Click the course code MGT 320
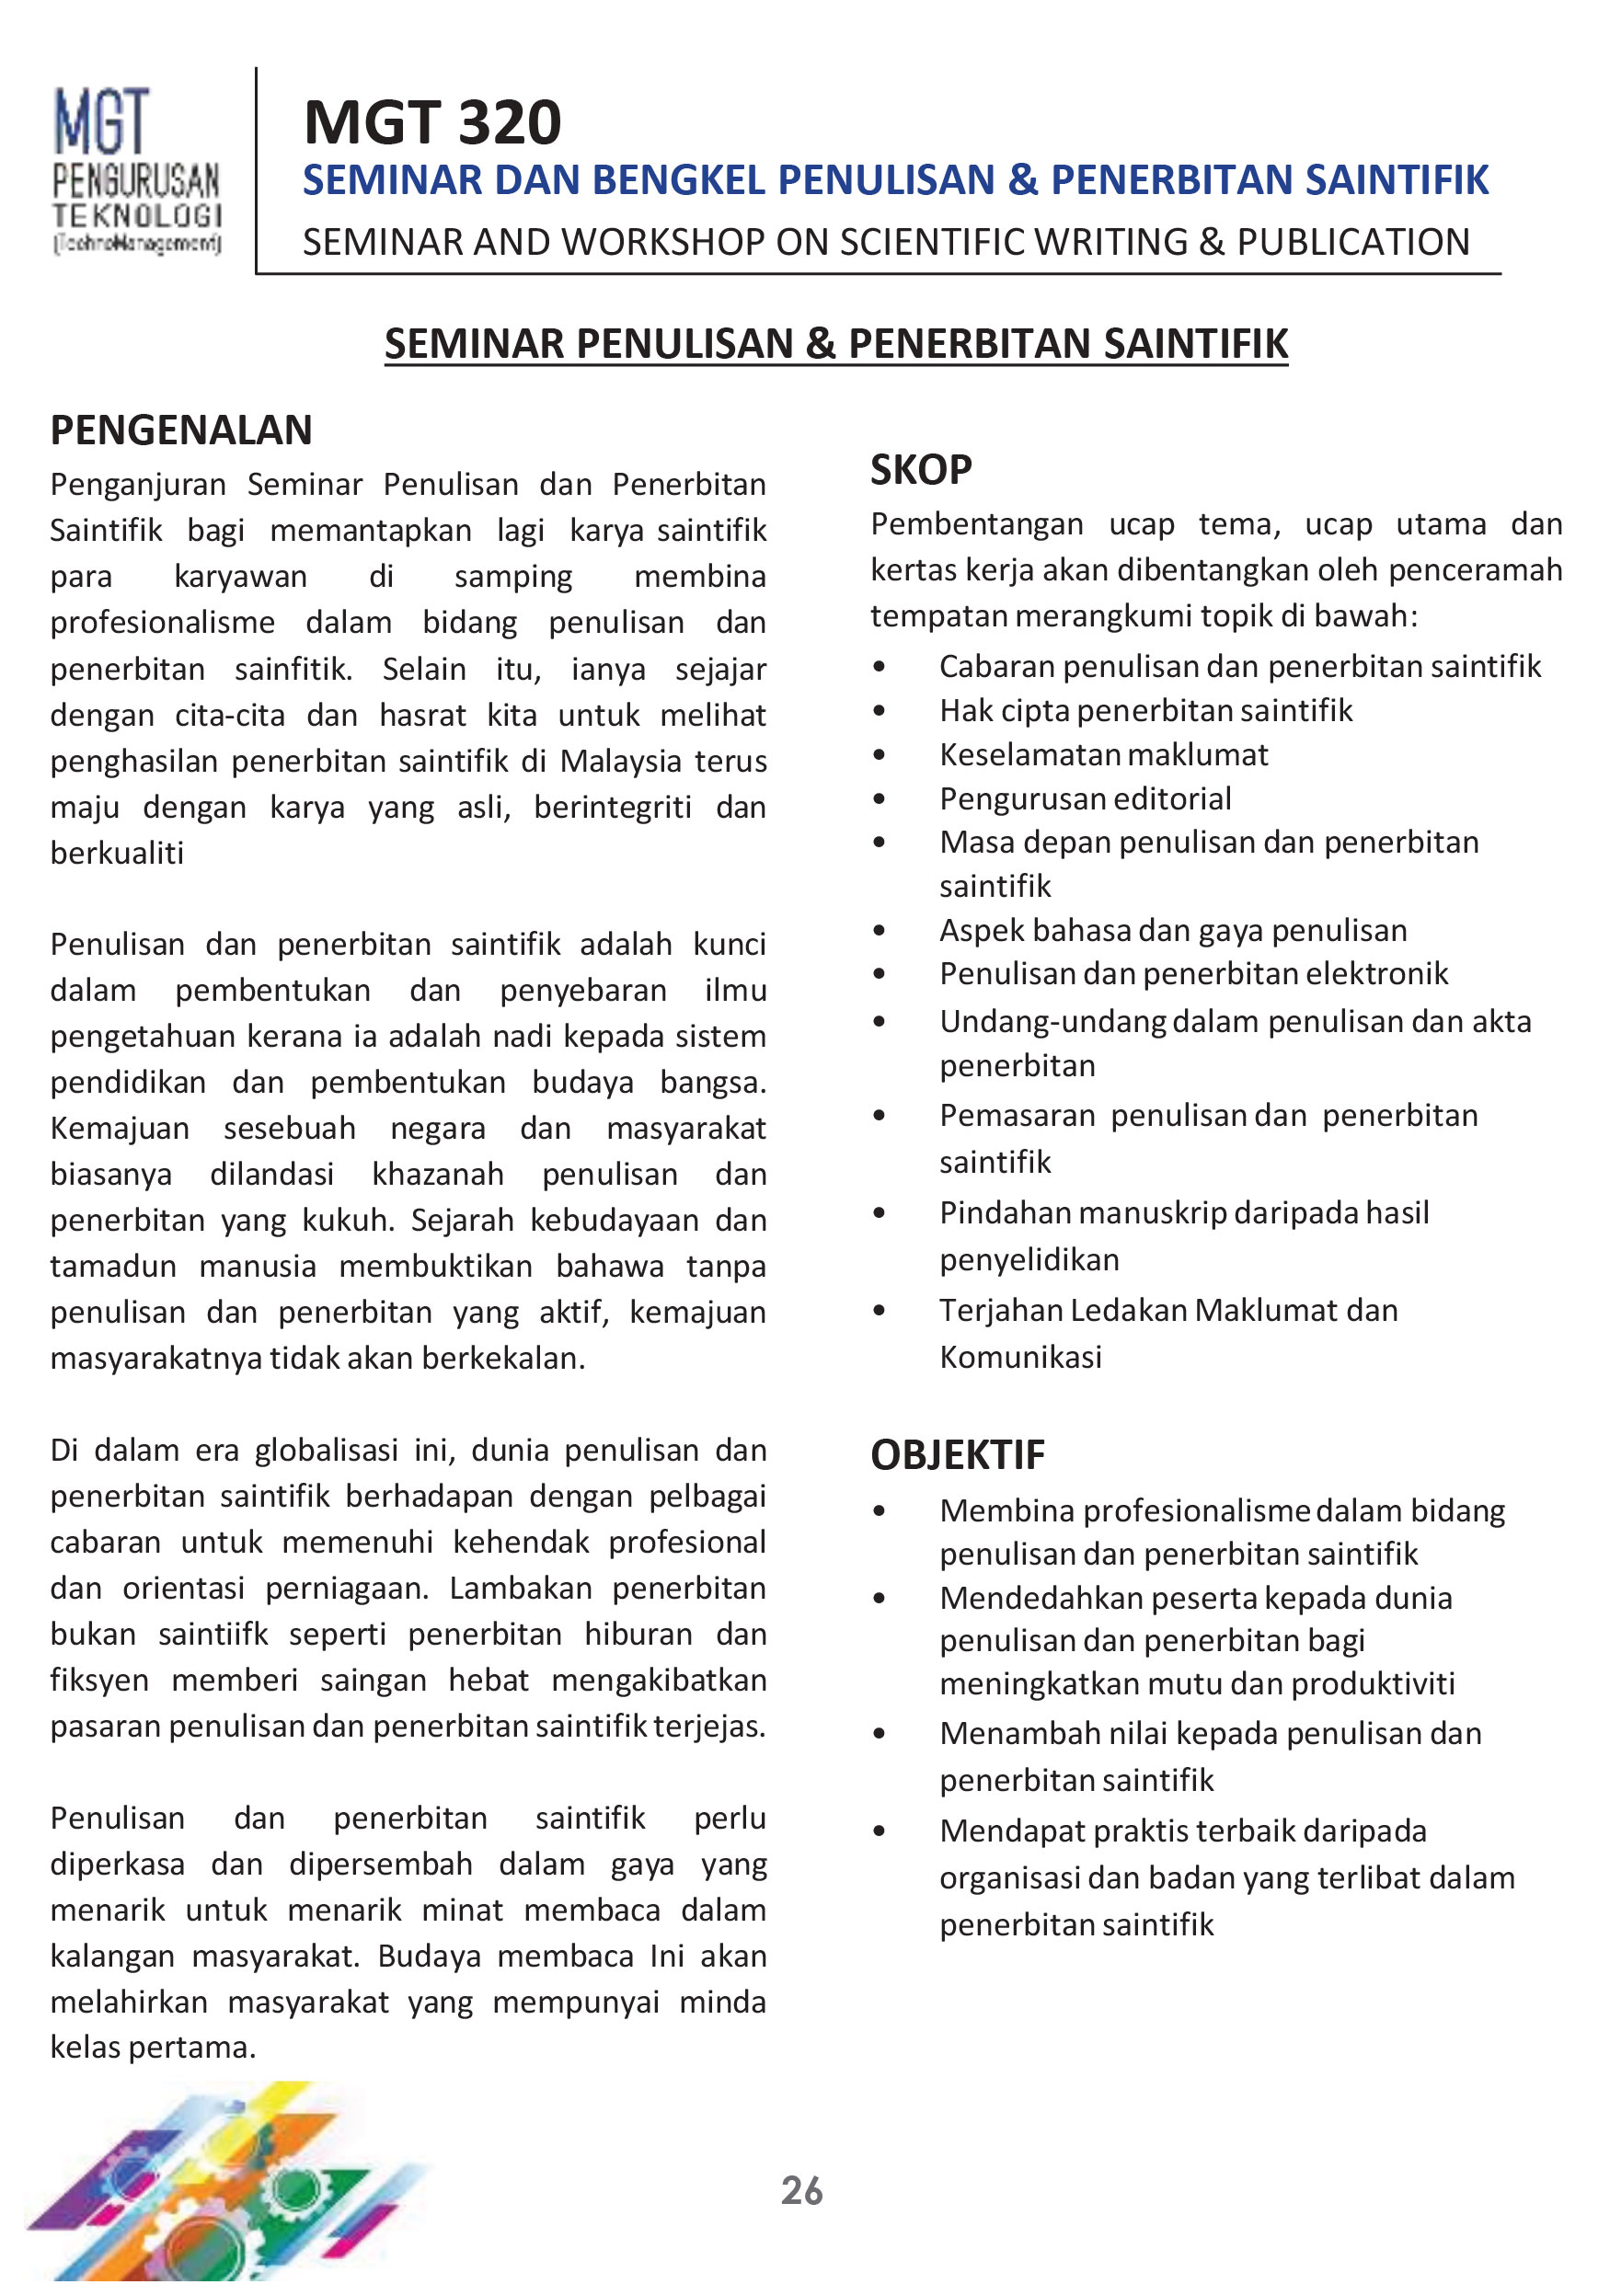click(x=431, y=122)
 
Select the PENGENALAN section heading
click(x=181, y=430)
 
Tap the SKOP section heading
click(x=920, y=469)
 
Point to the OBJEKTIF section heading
click(x=957, y=1454)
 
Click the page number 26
click(x=802, y=2189)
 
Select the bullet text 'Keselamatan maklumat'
click(x=1103, y=755)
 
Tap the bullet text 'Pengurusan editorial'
click(x=1085, y=798)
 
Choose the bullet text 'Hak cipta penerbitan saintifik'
click(x=1145, y=710)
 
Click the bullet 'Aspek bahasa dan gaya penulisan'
click(x=1172, y=930)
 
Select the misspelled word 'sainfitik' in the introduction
click(x=293, y=670)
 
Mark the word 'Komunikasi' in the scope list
click(x=1020, y=1357)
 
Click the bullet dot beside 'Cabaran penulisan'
click(x=879, y=667)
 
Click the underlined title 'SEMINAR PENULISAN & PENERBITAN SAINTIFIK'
click(x=836, y=343)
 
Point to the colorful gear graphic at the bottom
click(x=229, y=2184)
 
